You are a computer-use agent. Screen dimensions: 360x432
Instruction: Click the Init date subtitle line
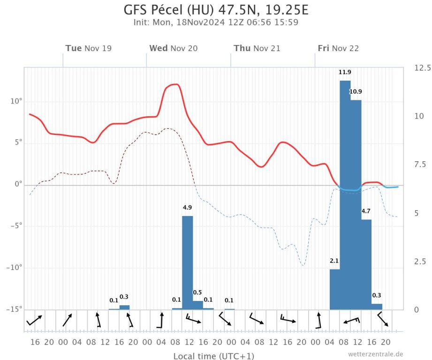coord(216,22)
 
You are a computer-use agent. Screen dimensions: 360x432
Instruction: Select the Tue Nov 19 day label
coord(88,48)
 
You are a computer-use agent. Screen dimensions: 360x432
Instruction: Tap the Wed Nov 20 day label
coord(173,48)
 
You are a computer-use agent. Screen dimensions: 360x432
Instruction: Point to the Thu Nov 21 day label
coord(257,48)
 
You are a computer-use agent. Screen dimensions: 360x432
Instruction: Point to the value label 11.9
coord(345,72)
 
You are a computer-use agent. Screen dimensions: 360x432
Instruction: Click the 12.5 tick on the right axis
coord(422,68)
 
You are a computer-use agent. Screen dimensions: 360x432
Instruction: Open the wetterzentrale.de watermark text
coord(375,354)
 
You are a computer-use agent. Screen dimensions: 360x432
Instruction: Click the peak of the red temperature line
coord(174,84)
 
